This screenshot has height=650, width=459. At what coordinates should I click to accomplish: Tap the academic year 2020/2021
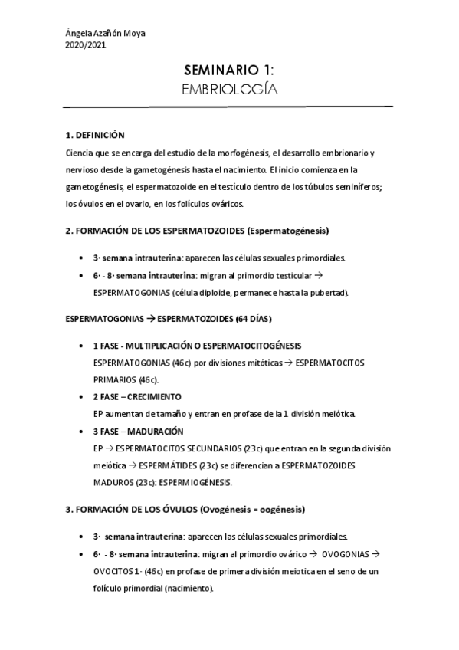(86, 44)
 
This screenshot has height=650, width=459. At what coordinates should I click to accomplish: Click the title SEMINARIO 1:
(229, 71)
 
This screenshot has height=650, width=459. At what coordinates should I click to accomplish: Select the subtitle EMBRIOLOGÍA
(229, 90)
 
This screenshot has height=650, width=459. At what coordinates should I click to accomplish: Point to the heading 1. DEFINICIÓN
(95, 134)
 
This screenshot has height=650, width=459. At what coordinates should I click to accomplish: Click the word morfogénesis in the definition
(240, 153)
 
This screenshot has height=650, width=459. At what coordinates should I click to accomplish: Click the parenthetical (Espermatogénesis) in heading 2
(287, 230)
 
